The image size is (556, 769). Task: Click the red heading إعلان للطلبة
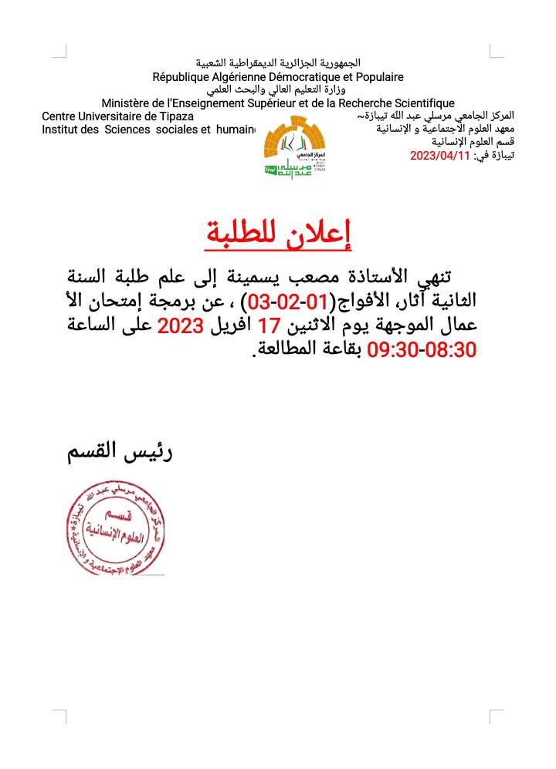(x=278, y=234)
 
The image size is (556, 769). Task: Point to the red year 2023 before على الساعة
(x=180, y=325)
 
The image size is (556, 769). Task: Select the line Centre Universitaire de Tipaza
(x=118, y=116)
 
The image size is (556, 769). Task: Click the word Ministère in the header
(x=127, y=103)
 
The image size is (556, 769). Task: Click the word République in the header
(x=184, y=77)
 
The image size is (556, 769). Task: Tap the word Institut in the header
(x=59, y=130)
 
